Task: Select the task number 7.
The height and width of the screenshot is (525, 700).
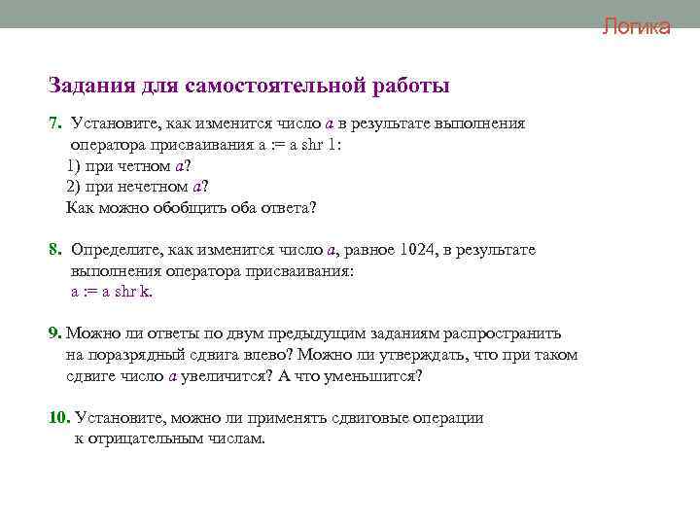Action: pos(54,123)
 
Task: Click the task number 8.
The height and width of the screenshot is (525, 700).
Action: pos(54,250)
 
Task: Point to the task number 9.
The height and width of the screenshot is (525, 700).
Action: pos(54,332)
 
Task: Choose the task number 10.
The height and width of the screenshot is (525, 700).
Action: pos(58,418)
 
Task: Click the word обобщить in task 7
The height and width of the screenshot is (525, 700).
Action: pos(194,207)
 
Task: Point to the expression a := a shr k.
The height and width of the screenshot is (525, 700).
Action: pos(112,291)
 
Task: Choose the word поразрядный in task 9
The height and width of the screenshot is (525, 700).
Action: pos(131,355)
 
